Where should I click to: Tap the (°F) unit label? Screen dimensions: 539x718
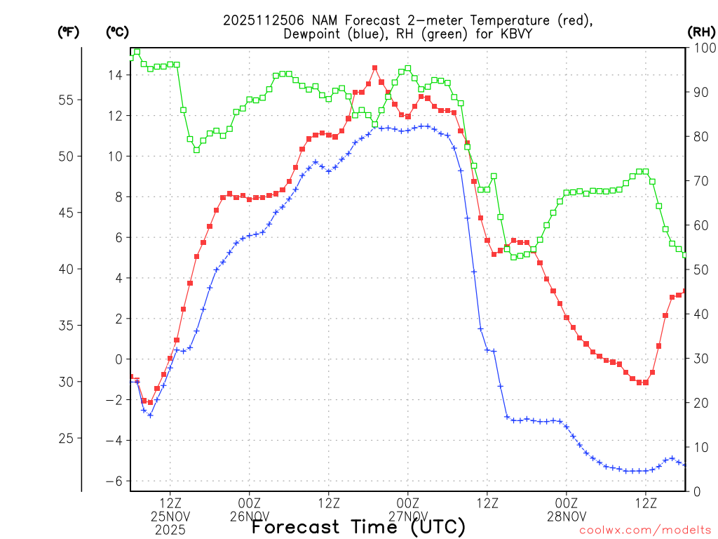68,32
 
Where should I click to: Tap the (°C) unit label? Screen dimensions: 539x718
116,32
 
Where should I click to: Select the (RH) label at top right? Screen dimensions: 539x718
700,32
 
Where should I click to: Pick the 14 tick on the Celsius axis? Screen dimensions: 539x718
115,75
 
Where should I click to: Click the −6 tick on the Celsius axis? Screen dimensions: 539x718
113,481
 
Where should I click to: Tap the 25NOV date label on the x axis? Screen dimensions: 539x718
170,517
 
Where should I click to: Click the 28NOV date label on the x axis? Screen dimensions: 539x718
567,517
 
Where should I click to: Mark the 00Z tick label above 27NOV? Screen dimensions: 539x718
408,503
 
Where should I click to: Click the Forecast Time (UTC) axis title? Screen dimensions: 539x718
358,526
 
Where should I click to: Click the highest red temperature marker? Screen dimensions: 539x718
375,68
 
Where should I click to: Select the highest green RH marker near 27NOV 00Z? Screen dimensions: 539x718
408,69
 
